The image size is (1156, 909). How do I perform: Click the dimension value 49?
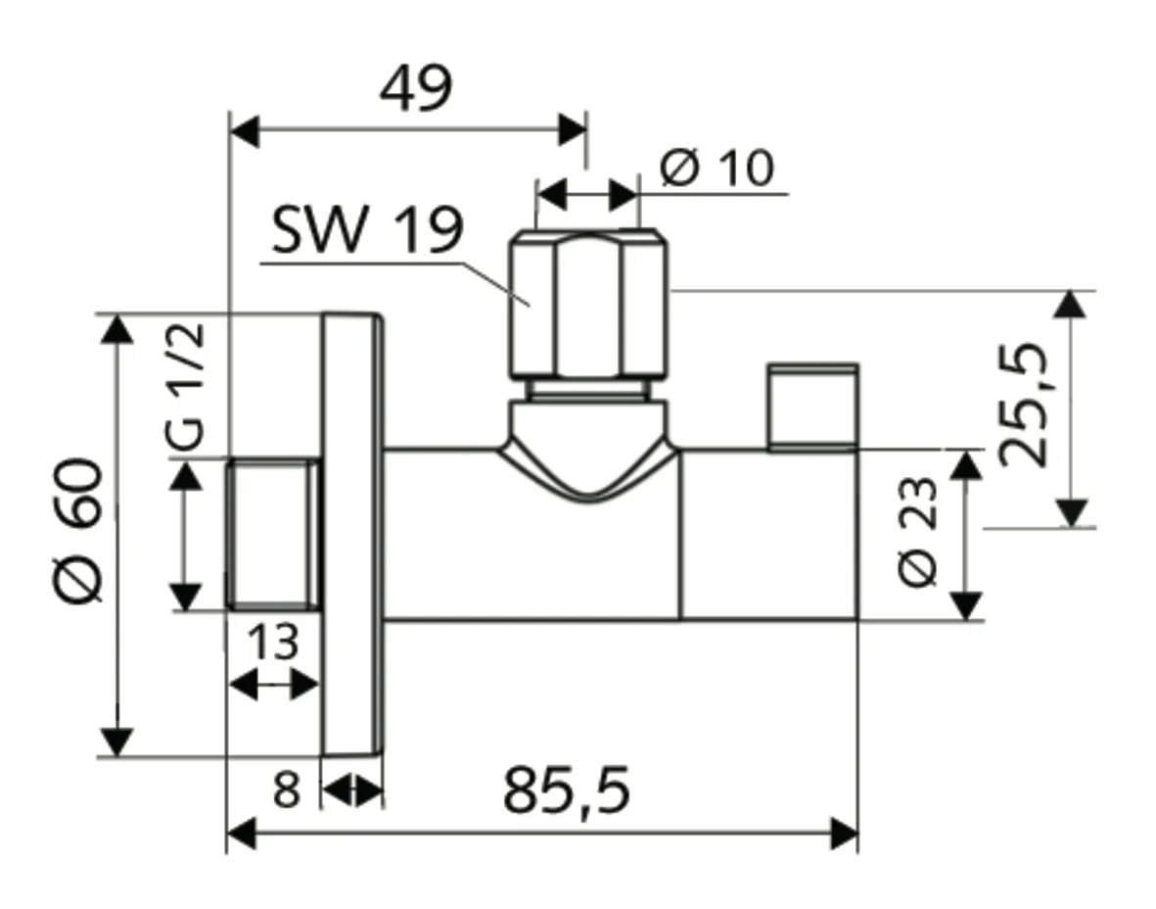416,89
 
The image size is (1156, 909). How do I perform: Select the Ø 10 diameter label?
717,168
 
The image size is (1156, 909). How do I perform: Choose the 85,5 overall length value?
567,790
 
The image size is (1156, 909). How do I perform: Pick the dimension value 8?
285,789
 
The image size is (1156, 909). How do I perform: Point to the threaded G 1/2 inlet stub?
273,534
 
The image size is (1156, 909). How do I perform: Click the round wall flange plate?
352,534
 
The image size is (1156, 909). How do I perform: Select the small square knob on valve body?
812,407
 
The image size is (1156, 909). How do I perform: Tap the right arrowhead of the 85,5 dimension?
844,835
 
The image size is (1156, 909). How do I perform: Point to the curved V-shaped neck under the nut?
586,460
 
